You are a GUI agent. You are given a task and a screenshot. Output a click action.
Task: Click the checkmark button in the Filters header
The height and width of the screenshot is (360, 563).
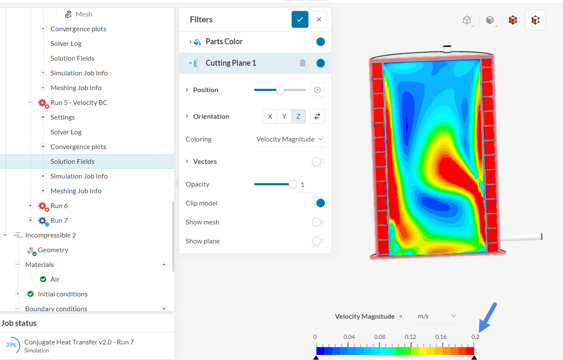[x=300, y=19]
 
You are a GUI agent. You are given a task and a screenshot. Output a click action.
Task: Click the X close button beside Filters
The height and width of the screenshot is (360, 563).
[x=319, y=19]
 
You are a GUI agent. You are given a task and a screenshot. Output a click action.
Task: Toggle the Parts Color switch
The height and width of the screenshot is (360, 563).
[x=319, y=42]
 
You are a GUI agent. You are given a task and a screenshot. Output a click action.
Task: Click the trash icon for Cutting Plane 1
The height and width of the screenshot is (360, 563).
[x=303, y=63]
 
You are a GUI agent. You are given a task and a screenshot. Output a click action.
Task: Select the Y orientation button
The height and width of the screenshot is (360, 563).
[x=284, y=117]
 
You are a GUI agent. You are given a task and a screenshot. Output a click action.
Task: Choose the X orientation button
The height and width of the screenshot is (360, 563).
[x=270, y=117]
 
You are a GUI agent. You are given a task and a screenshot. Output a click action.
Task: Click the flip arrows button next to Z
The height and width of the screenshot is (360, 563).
[x=317, y=117]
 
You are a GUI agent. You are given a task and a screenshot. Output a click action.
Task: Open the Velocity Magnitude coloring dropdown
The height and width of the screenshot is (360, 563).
[x=289, y=139]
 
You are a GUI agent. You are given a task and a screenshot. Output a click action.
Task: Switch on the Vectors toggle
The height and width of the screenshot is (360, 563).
[x=318, y=162]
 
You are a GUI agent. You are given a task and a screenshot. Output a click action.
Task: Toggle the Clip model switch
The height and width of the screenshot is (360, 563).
[x=319, y=203]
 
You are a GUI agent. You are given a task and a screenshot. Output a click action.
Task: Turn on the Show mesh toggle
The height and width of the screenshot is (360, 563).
[x=318, y=222]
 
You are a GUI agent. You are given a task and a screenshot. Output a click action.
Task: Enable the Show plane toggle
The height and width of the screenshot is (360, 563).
[x=318, y=241]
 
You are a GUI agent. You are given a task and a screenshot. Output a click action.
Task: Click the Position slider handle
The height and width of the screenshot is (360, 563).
[x=280, y=90]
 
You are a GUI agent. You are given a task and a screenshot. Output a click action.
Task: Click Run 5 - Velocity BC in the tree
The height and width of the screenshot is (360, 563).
[x=79, y=103]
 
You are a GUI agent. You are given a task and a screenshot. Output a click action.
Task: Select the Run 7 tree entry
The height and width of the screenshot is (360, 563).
[x=59, y=221]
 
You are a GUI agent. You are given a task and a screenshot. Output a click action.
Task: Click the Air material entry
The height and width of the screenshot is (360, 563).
[x=55, y=280]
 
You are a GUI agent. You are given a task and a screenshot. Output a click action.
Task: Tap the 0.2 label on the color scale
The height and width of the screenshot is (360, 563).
[x=475, y=337]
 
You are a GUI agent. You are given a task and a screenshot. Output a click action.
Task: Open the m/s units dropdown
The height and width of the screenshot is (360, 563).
[x=436, y=316]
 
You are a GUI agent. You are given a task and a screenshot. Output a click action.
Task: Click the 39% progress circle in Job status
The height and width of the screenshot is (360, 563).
[x=11, y=345]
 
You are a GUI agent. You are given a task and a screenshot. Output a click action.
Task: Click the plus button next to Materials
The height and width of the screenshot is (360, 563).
[x=164, y=265]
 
